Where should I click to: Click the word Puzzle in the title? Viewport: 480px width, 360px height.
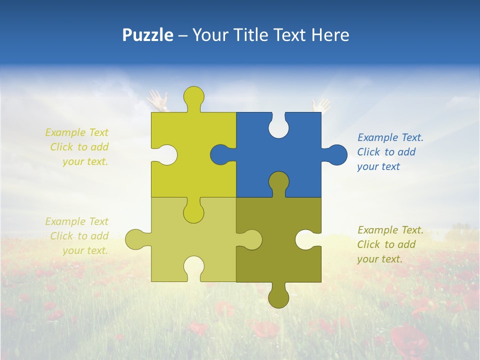coord(147,35)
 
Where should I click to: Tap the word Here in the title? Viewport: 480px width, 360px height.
coord(330,35)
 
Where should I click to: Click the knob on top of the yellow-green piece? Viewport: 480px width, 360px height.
coord(193,96)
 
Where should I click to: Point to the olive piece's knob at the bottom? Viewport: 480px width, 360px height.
coord(278,297)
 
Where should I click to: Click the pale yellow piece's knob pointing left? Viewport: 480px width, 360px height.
coord(135,239)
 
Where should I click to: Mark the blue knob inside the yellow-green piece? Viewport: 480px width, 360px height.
coord(220,154)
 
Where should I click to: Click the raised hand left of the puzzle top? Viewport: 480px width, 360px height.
coord(158,100)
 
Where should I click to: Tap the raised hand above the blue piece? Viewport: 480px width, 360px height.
coord(320,105)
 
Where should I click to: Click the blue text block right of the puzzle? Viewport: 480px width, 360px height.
coord(390,152)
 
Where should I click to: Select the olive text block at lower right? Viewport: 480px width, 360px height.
coord(390,244)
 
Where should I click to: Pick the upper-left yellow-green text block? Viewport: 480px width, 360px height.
coord(77,147)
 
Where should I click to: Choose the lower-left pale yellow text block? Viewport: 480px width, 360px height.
coord(77,236)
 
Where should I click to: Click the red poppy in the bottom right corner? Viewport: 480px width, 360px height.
coord(410,340)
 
